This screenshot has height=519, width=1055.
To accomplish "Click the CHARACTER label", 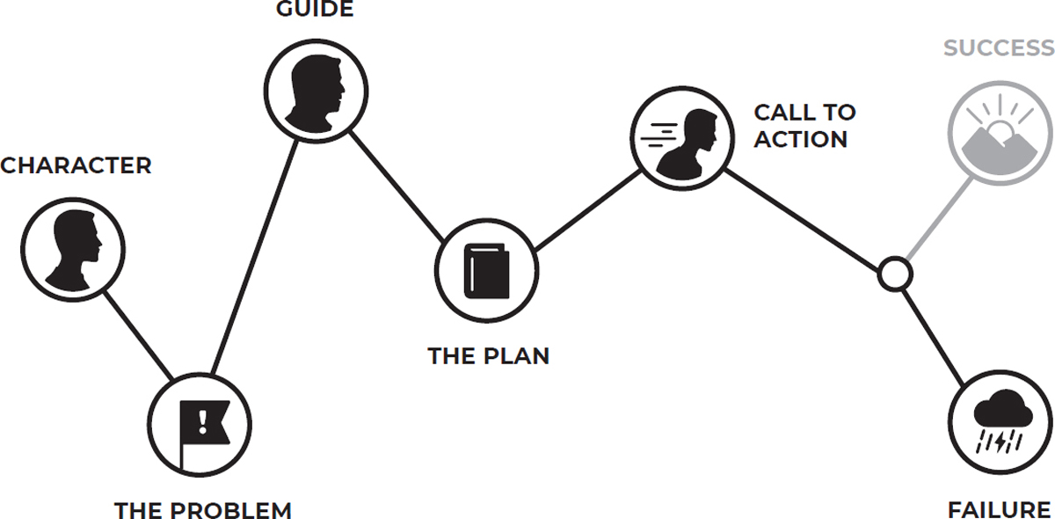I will [x=76, y=165].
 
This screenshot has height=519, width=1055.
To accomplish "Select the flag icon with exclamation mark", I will [x=200, y=425].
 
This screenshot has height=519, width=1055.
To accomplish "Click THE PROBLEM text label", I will [x=202, y=509].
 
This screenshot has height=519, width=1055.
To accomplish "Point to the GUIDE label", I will [x=315, y=11].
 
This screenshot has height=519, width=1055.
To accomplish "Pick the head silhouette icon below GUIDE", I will [x=316, y=88].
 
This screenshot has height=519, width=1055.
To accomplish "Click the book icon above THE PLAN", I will [x=487, y=270].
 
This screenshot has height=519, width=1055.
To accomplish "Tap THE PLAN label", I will [x=488, y=356].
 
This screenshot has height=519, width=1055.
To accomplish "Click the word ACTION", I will [x=801, y=139].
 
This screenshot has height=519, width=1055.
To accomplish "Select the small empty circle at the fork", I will [x=894, y=274].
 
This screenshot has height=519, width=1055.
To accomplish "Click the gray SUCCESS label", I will [x=999, y=48].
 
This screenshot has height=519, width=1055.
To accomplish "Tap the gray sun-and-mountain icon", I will [x=1000, y=133].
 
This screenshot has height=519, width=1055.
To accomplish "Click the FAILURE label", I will [x=999, y=509].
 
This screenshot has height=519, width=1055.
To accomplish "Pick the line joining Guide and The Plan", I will [x=400, y=180].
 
